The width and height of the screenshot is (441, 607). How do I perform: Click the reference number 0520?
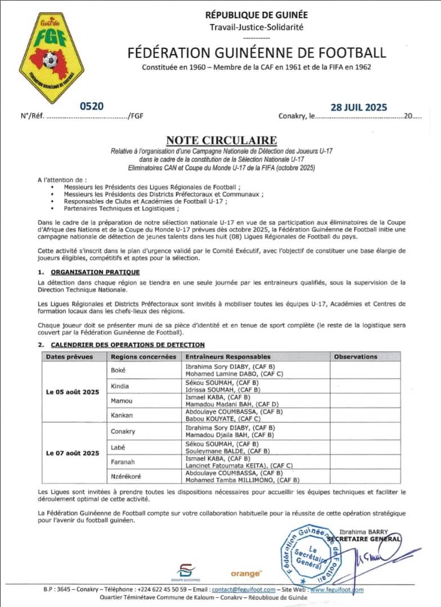[x=92, y=106]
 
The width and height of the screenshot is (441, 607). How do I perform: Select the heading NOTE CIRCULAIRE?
[x=221, y=140]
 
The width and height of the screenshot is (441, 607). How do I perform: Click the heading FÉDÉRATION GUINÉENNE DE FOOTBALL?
[x=257, y=53]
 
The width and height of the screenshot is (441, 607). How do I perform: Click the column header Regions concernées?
[x=143, y=356]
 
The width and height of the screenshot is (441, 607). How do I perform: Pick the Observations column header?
[x=355, y=356]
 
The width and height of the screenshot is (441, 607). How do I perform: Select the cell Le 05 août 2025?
[x=72, y=392]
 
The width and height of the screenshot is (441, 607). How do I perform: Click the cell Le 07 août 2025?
[x=72, y=453]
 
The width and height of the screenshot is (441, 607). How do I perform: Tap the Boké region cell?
[x=119, y=370]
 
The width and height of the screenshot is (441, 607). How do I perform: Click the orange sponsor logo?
[x=246, y=573]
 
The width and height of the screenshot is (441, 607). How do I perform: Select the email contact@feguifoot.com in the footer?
[x=244, y=590]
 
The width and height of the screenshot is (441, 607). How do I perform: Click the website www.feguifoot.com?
[x=336, y=590]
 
